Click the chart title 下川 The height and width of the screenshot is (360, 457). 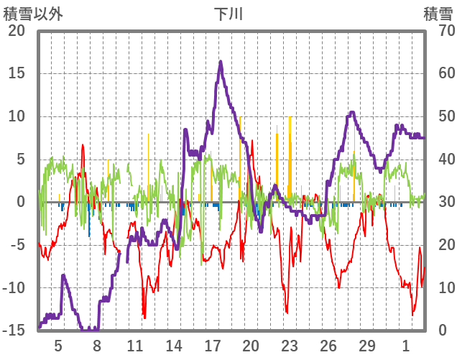coord(228,14)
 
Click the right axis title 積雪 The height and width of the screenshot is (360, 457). coord(438,14)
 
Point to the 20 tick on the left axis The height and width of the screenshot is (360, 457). coord(16,31)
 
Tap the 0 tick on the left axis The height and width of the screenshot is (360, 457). coord(21,202)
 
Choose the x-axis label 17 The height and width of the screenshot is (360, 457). coord(212,346)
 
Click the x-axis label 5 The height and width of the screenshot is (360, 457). coord(58,346)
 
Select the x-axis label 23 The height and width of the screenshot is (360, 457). coord(289,346)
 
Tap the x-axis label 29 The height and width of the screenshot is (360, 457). coord(366,346)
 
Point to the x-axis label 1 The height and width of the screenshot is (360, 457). coord(405,346)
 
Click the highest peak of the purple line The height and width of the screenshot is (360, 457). coord(221,62)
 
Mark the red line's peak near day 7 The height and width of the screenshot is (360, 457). coord(83,145)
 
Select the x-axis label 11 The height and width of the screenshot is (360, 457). coord(134,346)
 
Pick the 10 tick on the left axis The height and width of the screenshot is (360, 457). coord(16,116)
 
